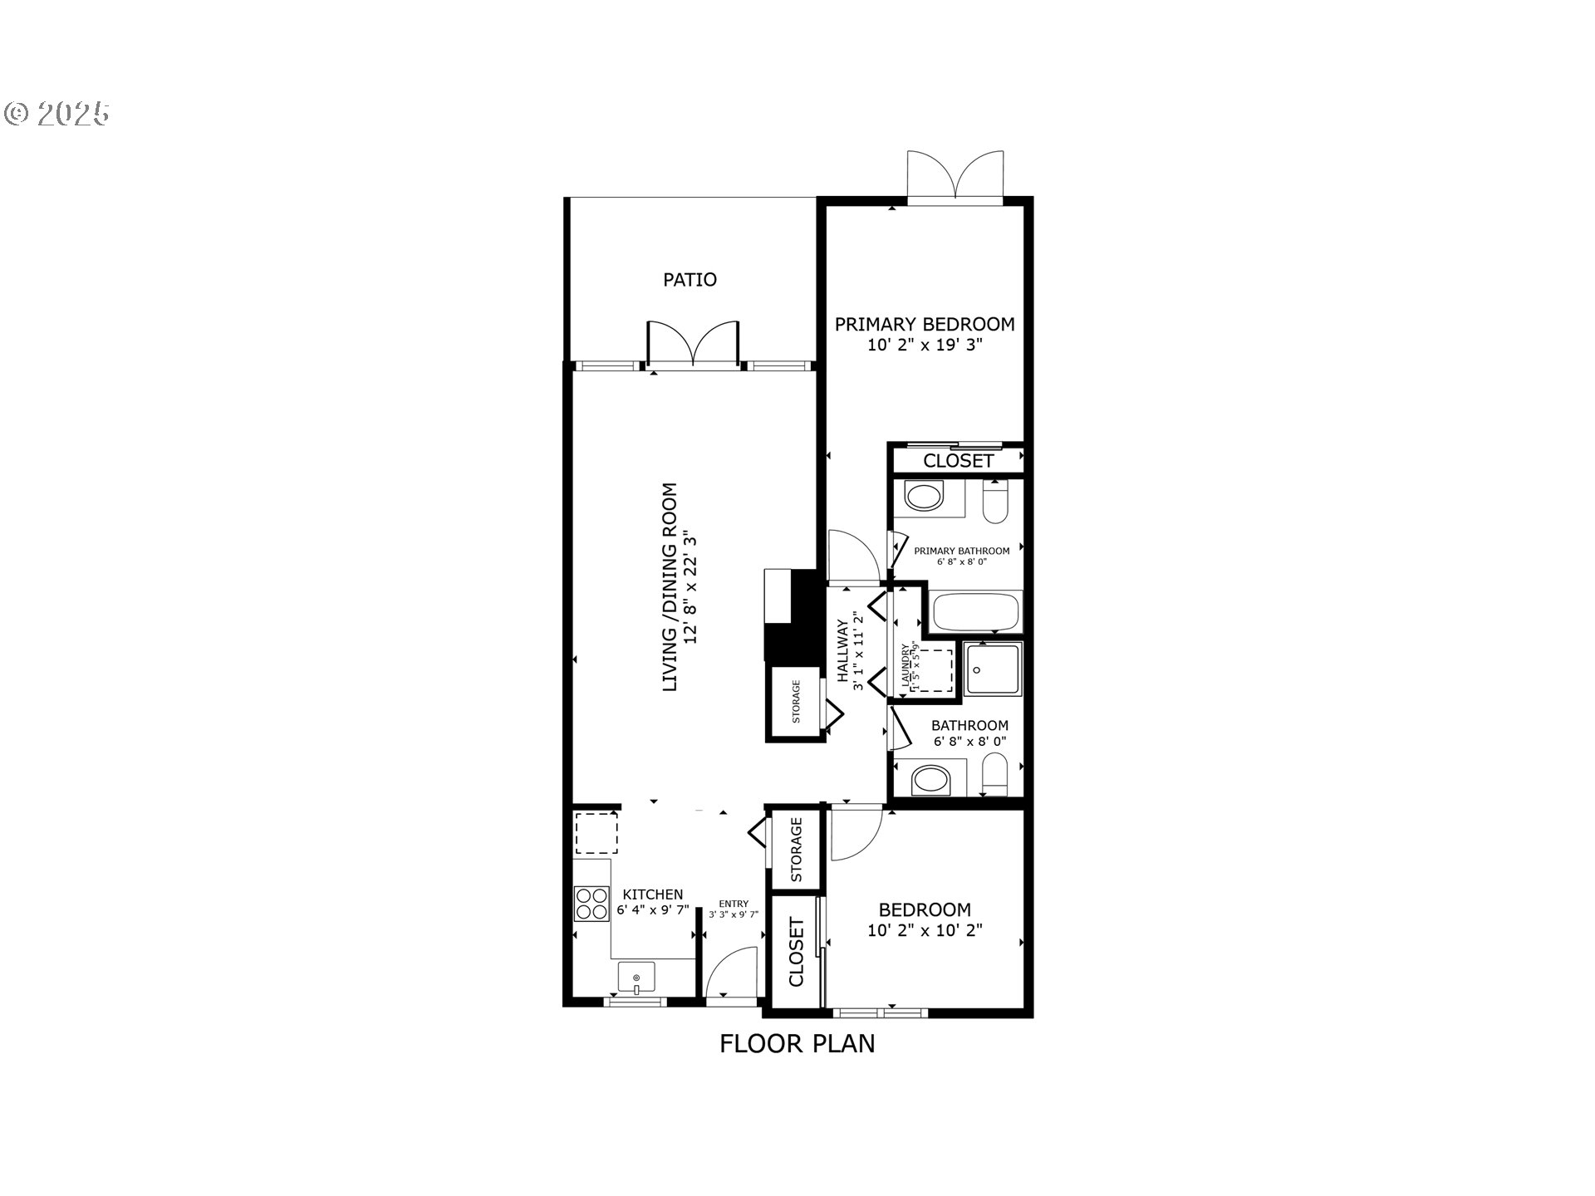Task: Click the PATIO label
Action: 690,280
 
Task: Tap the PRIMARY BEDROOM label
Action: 925,324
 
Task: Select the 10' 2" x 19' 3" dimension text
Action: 925,346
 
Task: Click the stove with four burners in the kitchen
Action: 591,904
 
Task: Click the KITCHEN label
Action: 653,895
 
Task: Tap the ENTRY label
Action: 734,904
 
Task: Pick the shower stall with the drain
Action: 994,669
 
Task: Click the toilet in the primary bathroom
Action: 994,503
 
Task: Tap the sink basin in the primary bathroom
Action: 924,498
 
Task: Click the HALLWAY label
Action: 844,651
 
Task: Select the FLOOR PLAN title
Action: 797,1044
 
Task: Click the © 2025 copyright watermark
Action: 57,114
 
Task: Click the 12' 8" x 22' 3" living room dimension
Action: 688,588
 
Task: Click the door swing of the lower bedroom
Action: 856,835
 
